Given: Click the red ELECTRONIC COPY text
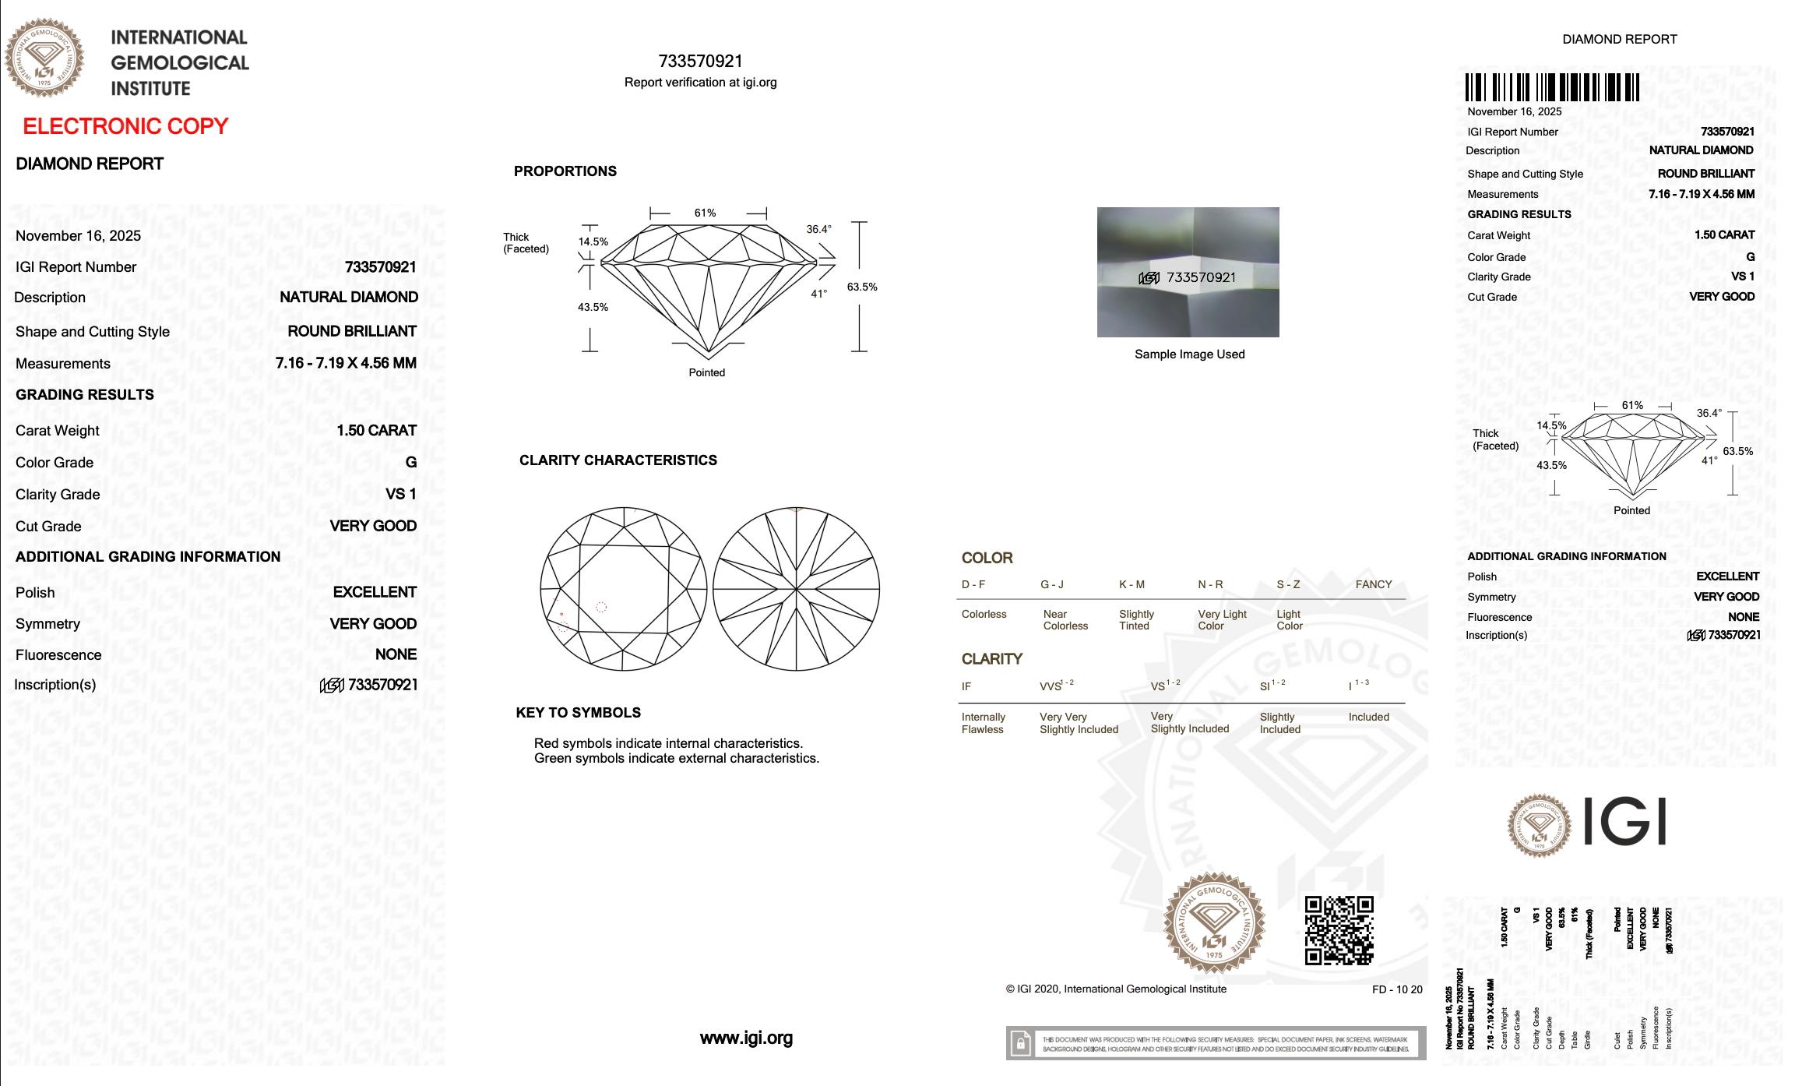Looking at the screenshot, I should pyautogui.click(x=125, y=126).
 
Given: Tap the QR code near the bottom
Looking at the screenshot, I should pyautogui.click(x=1339, y=930).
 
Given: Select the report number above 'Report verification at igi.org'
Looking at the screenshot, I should pyautogui.click(x=700, y=62).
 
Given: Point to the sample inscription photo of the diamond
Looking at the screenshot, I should pyautogui.click(x=1188, y=272).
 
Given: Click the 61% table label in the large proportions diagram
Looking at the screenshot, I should pyautogui.click(x=705, y=213).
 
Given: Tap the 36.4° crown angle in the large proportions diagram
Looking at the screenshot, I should pyautogui.click(x=818, y=229).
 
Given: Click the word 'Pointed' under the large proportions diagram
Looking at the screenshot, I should pyautogui.click(x=706, y=372).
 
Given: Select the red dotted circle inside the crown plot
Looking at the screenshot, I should pyautogui.click(x=601, y=607).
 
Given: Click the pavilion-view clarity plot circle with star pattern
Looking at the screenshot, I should pyautogui.click(x=796, y=588).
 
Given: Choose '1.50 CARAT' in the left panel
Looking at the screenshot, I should pyautogui.click(x=376, y=430).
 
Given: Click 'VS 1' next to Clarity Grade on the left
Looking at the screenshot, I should pyautogui.click(x=400, y=494).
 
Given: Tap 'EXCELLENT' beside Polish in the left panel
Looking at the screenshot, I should pyautogui.click(x=375, y=592).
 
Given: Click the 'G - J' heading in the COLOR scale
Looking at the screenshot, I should pyautogui.click(x=1051, y=584).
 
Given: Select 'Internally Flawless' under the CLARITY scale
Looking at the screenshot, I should pyautogui.click(x=983, y=723).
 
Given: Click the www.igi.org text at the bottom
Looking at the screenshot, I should pyautogui.click(x=746, y=1038).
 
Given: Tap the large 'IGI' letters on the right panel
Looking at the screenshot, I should pyautogui.click(x=1625, y=823).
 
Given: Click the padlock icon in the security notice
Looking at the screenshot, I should pyautogui.click(x=1019, y=1043).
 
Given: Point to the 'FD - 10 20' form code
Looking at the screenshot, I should pyautogui.click(x=1397, y=989).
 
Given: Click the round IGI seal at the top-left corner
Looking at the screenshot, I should pyautogui.click(x=44, y=58).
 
